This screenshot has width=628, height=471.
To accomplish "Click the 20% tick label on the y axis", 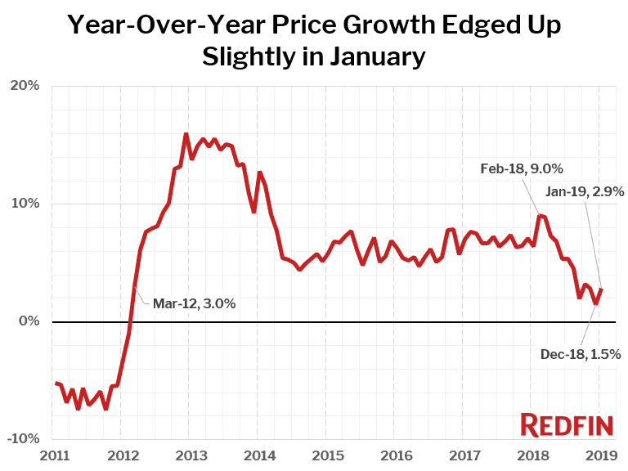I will [x=25, y=86].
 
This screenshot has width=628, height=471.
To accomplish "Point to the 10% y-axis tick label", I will [x=25, y=204].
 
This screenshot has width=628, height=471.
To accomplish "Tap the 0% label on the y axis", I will [x=29, y=321].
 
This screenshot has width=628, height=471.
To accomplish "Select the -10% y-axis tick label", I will [x=24, y=439].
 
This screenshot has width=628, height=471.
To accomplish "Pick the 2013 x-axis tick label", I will [x=190, y=455].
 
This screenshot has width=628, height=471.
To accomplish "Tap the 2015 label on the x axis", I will [x=326, y=455].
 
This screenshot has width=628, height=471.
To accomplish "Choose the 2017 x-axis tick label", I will [x=463, y=455].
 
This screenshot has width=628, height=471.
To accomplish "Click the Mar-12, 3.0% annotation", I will [x=194, y=303].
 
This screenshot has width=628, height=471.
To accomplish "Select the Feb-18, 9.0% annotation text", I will [x=521, y=169].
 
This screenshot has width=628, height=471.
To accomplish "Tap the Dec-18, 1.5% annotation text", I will [x=581, y=354].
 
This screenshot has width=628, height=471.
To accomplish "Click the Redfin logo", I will [x=564, y=424].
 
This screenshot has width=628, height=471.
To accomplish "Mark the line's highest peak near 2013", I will [x=186, y=134].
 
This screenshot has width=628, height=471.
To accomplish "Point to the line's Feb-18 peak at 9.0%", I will [x=539, y=215].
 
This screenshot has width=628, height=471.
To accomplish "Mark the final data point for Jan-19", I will [x=602, y=288].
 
